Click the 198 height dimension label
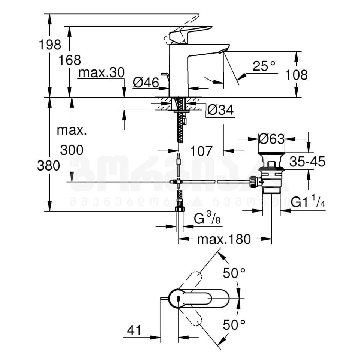coord(50,45)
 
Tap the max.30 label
coord(101,73)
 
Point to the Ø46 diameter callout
coord(146,82)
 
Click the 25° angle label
coord(264,66)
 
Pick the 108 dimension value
coord(296,75)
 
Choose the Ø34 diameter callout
coord(220,110)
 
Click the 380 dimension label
coord(48,165)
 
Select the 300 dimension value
coord(71,150)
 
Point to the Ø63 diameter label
coord(272,139)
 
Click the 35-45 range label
coord(307,162)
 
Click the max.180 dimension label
coord(224,239)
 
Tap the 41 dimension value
coord(134,330)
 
